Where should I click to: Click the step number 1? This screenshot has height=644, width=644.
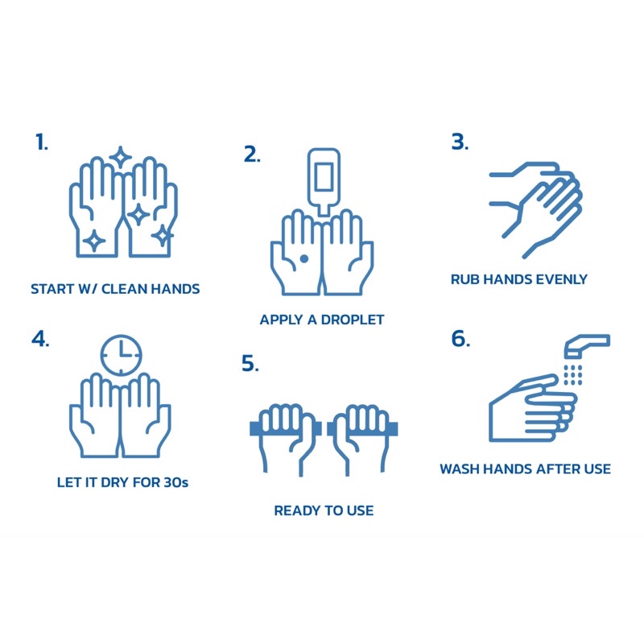tap(42, 142)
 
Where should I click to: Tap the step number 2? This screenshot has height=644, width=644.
tap(252, 155)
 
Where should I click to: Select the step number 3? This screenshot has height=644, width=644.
tap(460, 142)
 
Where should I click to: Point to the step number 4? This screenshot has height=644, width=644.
tap(40, 339)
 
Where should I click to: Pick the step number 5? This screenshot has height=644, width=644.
tap(250, 363)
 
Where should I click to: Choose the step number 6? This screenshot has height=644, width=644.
tap(460, 339)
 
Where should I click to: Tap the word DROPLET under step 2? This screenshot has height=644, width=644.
tap(353, 320)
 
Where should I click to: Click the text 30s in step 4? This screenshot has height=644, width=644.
tap(175, 482)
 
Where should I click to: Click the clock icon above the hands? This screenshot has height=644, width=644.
tap(122, 355)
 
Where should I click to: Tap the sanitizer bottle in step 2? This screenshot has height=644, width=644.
tap(324, 180)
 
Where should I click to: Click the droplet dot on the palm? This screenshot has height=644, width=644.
tap(304, 258)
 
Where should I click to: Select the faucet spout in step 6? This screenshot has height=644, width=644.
tap(588, 345)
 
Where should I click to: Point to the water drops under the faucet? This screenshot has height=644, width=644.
tap(573, 374)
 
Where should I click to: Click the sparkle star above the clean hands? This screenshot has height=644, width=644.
tap(120, 158)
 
